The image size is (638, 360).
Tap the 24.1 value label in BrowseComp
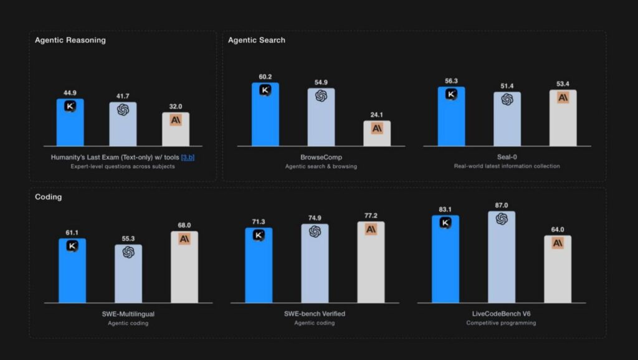tap(376, 115)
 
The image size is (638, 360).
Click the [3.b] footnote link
tap(188, 158)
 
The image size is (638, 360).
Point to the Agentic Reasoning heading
tap(70, 40)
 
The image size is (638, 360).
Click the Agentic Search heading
tap(257, 40)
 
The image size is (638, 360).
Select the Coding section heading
tap(49, 197)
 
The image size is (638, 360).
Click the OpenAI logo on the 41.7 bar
tap(123, 110)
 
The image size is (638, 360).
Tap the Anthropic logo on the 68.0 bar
tap(184, 239)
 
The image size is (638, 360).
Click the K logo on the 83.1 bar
tap(445, 222)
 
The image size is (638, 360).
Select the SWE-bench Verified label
tap(315, 314)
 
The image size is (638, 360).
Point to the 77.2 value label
tap(371, 216)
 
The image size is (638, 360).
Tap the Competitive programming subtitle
tap(501, 323)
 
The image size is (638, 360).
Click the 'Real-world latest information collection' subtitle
tap(507, 166)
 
